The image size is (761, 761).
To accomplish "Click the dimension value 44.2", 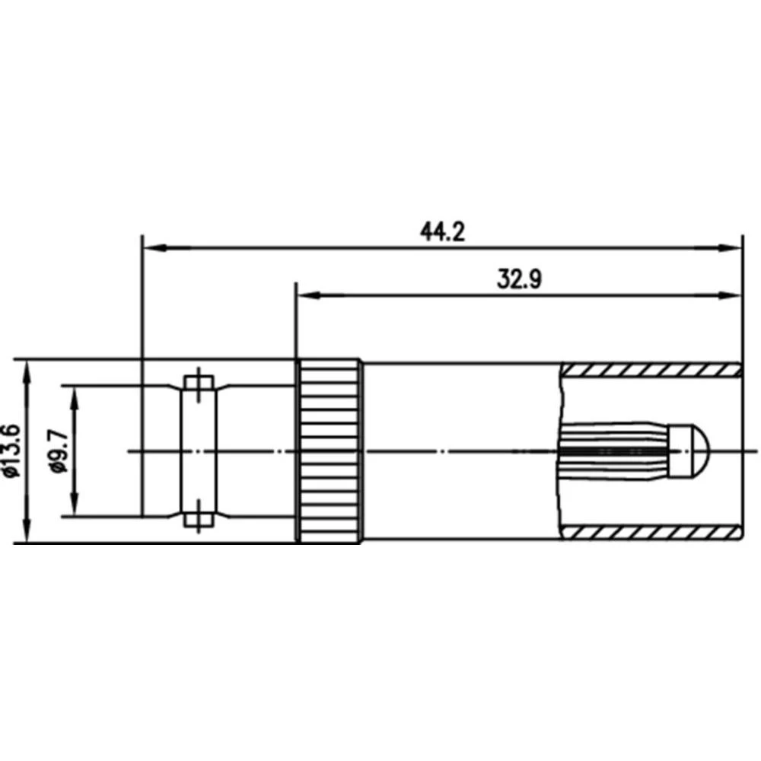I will [x=442, y=231].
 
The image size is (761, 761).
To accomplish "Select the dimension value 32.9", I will [x=519, y=279].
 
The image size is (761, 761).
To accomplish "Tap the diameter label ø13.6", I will [x=11, y=451].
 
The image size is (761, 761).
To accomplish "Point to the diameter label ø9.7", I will [x=59, y=451].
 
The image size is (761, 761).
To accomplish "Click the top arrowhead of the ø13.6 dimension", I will [x=28, y=367].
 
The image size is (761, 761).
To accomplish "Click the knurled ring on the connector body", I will [x=330, y=451].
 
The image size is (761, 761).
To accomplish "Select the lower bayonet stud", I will [x=197, y=521].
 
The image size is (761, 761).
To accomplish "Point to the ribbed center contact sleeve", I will [x=613, y=452].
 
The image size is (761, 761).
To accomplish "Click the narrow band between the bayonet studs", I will [x=197, y=451].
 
